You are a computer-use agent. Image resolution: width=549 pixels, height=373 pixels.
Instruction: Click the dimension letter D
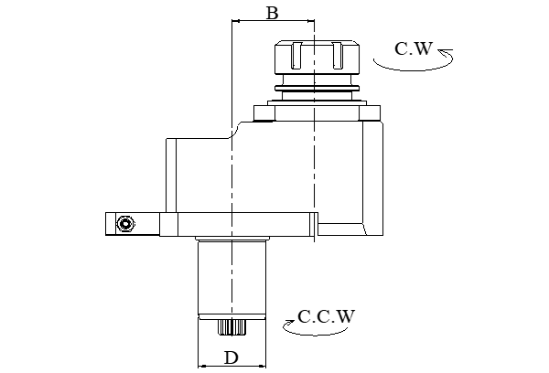(231, 357)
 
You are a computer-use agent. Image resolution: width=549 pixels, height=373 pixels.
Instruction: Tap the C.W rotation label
(413, 48)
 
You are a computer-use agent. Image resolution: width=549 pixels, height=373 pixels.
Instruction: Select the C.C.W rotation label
(326, 317)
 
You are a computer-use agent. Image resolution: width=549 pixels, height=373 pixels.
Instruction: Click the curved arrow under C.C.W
(307, 332)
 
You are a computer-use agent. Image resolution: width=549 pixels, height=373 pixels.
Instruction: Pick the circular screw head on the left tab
(125, 222)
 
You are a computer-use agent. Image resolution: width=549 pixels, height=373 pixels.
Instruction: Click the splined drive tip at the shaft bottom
(232, 326)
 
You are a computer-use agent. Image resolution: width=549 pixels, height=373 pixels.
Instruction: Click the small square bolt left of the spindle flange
(264, 114)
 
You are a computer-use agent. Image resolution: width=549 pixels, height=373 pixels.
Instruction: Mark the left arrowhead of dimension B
(236, 22)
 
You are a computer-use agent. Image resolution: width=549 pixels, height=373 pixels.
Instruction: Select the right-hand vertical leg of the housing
(372, 178)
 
